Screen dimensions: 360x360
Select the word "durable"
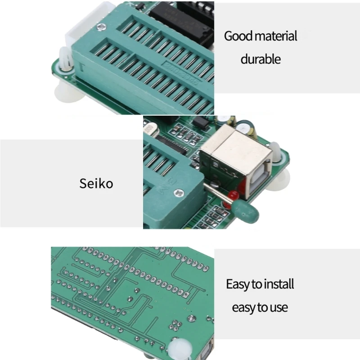(x=261, y=59)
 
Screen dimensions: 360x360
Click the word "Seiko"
(x=96, y=184)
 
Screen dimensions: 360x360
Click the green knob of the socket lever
(x=245, y=211)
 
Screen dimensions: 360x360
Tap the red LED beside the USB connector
(x=234, y=195)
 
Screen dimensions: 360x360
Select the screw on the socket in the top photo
(x=102, y=27)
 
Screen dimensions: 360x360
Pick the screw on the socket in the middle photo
(x=179, y=193)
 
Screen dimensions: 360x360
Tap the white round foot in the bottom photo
(x=180, y=349)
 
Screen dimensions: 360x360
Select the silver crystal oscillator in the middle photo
(x=150, y=131)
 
